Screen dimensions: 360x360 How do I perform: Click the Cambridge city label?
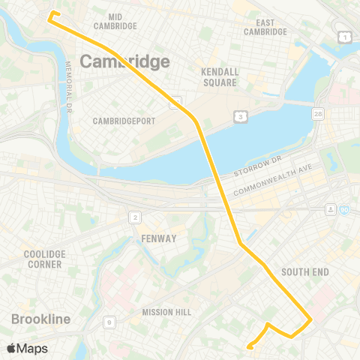124,61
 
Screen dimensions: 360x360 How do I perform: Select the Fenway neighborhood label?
158,238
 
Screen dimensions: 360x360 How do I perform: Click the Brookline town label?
40,319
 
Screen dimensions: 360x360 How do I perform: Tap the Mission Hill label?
166,312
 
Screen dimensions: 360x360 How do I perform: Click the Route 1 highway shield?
343,37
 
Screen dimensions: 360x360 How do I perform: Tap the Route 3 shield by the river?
240,116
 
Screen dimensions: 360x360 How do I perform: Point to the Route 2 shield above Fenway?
135,217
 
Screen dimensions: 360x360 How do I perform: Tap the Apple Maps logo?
27,348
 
